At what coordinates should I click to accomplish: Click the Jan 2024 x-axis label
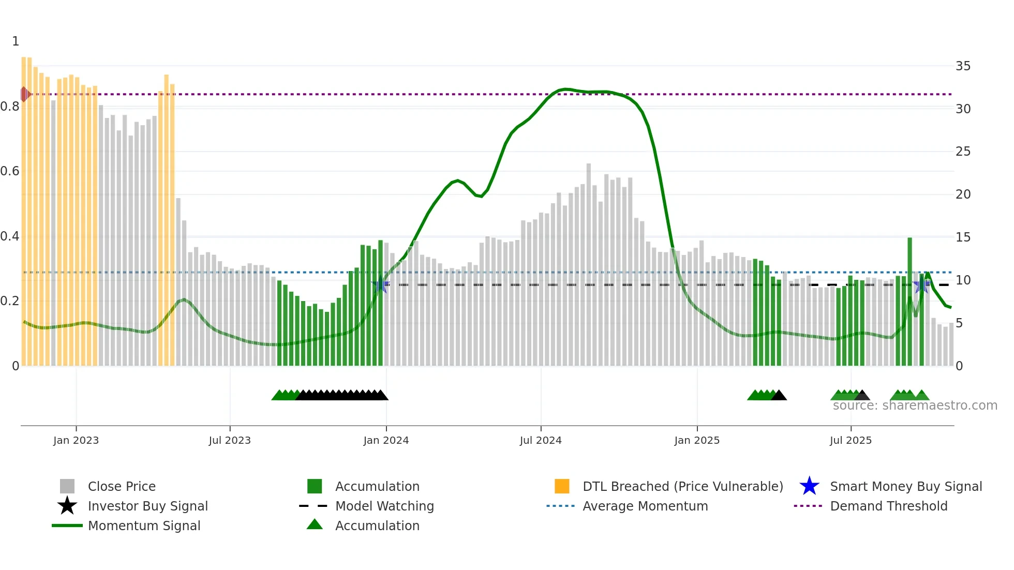(386, 440)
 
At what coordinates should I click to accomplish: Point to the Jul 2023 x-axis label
(230, 440)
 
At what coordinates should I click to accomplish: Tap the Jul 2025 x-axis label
(851, 440)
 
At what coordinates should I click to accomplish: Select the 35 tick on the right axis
(963, 66)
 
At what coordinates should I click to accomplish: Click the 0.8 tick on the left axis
(10, 107)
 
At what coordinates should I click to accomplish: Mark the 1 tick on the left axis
(16, 41)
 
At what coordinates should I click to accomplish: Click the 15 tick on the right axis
(963, 237)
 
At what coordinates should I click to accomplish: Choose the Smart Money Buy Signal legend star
(809, 486)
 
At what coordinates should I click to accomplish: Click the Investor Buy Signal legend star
(67, 506)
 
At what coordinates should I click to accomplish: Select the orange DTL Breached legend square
(562, 486)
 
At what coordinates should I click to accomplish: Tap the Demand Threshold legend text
(888, 506)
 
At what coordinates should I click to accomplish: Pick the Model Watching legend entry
(384, 506)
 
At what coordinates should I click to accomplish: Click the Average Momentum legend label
(645, 506)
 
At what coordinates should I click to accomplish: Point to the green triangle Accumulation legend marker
(315, 524)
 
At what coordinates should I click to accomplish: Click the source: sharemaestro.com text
(915, 406)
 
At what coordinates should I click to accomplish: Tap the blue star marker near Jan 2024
(381, 284)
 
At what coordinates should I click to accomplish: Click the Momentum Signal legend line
(67, 526)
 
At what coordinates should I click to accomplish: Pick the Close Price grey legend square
(67, 486)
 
